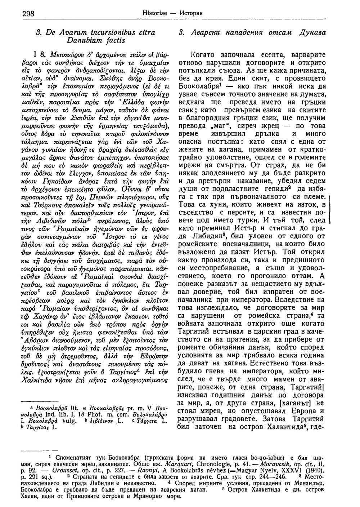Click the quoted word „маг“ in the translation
point(222,126)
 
